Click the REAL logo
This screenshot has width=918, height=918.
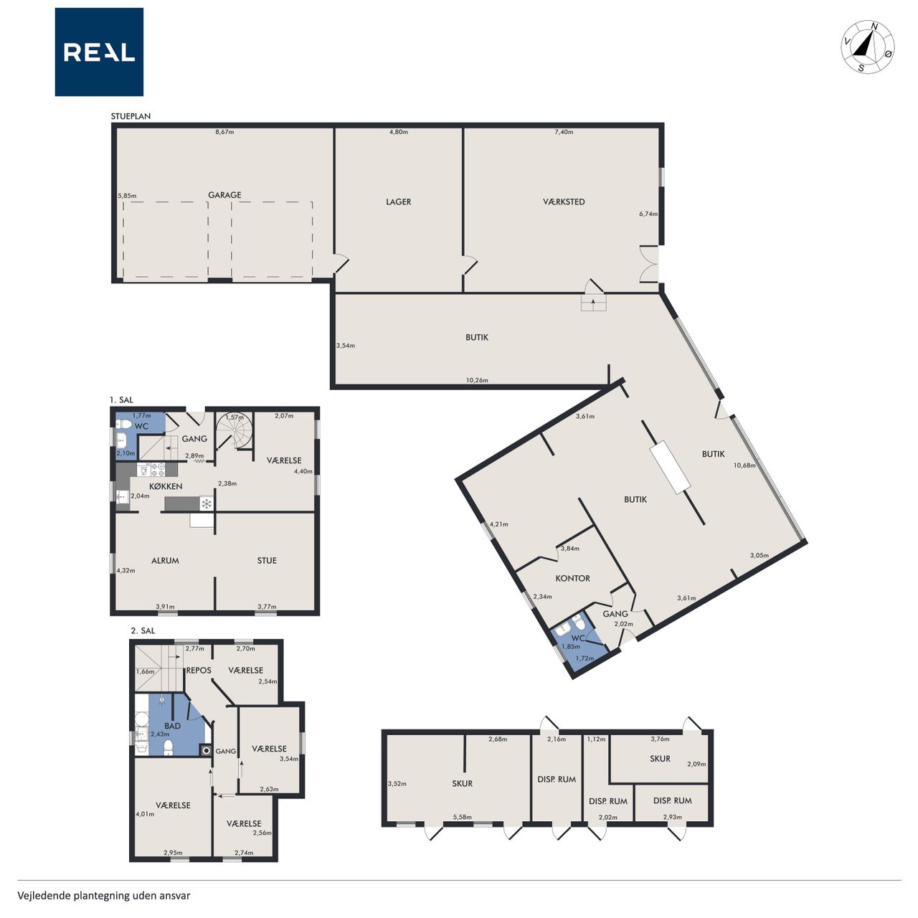click(x=99, y=52)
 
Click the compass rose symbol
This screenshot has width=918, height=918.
click(x=867, y=47)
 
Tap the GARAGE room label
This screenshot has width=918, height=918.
click(x=224, y=195)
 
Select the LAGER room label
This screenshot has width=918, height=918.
click(x=398, y=202)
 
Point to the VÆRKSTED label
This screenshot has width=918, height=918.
click(x=564, y=202)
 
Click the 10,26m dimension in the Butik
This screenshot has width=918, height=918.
click(x=477, y=380)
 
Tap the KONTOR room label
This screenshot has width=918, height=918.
click(x=572, y=578)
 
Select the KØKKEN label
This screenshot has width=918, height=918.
click(x=165, y=486)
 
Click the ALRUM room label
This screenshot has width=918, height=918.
click(x=165, y=560)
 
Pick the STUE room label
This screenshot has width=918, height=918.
click(x=267, y=560)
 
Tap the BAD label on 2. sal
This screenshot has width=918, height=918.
click(x=172, y=726)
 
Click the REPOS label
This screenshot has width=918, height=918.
click(x=199, y=671)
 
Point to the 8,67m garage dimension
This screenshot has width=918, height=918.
click(x=224, y=132)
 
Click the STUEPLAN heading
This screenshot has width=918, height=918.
click(x=131, y=116)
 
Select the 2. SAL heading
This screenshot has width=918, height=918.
click(x=143, y=630)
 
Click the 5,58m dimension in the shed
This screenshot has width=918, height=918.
click(x=462, y=817)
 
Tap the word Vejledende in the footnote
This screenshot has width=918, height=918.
click(x=44, y=896)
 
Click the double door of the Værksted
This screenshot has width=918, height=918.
click(x=649, y=264)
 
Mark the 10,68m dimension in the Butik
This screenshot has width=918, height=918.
click(x=744, y=465)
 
